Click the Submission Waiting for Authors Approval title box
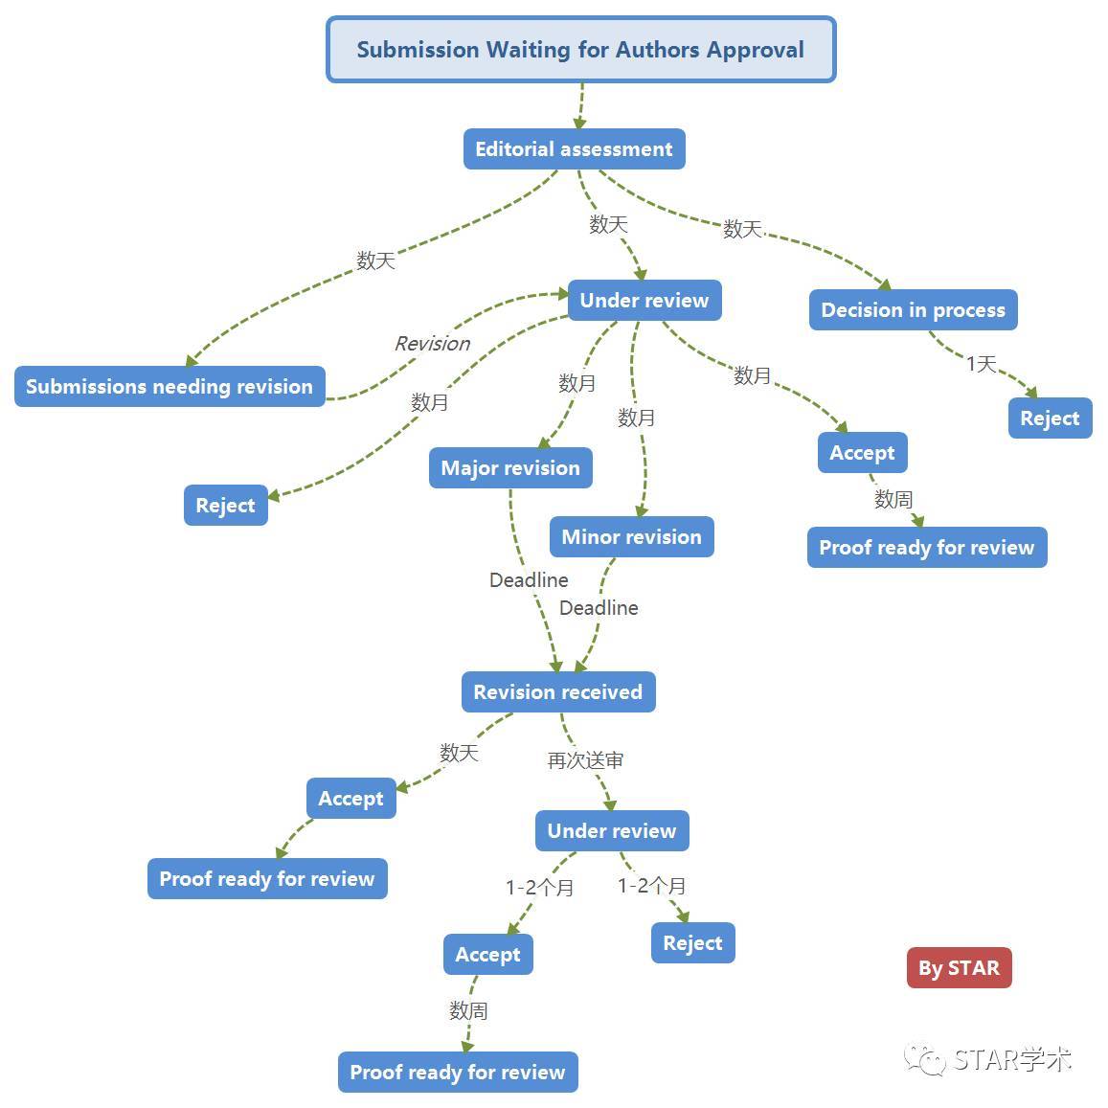coord(580,50)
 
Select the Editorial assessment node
coord(574,149)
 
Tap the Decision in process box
coord(913,310)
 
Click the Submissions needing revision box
coord(170,387)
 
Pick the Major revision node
coord(510,468)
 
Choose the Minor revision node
coord(631,537)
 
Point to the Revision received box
coord(557,692)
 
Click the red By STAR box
coord(959,968)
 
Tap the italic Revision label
coord(432,344)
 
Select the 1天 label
coord(981,364)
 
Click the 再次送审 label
coord(585,760)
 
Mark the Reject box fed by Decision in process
coord(1050,418)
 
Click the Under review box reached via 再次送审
coord(611,831)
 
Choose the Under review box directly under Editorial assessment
coord(644,301)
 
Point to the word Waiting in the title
coord(531,50)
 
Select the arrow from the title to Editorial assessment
coord(580,105)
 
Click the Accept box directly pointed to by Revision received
coord(350,799)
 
